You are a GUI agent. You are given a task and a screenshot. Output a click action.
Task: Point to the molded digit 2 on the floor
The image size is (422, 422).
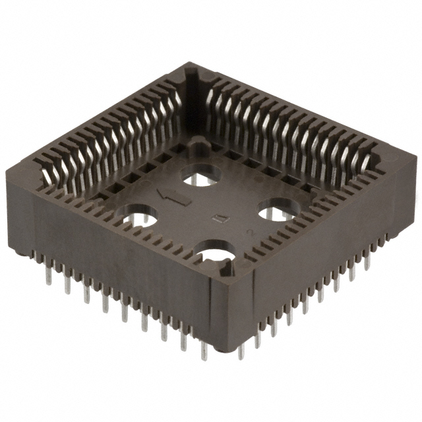(x=249, y=231)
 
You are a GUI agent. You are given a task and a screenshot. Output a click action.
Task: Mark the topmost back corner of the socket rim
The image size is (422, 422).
(x=191, y=66)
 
